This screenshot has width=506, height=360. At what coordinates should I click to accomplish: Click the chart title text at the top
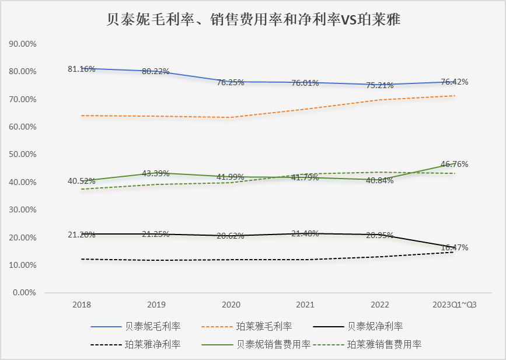pyautogui.click(x=253, y=20)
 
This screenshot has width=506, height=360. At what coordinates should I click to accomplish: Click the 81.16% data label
pyautogui.click(x=82, y=69)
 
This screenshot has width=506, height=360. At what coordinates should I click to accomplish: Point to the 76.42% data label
pyautogui.click(x=454, y=82)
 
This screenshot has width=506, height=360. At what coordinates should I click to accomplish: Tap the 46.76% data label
pyautogui.click(x=454, y=164)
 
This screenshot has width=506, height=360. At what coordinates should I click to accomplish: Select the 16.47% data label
pyautogui.click(x=454, y=247)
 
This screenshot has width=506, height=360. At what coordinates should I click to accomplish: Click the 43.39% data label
pyautogui.click(x=155, y=173)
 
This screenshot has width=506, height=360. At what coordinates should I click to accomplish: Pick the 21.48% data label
pyautogui.click(x=305, y=234)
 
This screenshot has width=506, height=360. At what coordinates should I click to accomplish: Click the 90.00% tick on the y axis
pyautogui.click(x=23, y=44)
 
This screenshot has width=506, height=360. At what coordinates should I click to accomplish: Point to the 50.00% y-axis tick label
pyautogui.click(x=23, y=155)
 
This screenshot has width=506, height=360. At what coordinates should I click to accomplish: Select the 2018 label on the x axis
pyautogui.click(x=82, y=305)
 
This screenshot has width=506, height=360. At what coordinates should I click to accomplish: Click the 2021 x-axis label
pyautogui.click(x=305, y=305)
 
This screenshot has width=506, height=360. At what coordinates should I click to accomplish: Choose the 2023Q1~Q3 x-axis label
pyautogui.click(x=454, y=305)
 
